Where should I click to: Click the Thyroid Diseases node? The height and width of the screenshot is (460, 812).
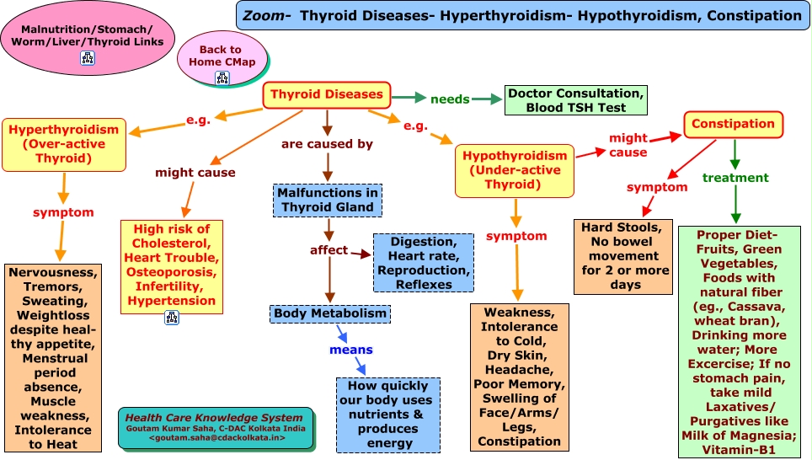[326, 95]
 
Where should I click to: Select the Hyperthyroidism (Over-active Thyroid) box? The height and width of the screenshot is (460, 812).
[64, 145]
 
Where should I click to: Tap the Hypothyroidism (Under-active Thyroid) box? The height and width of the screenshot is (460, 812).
[515, 170]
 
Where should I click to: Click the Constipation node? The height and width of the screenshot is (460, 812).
[734, 125]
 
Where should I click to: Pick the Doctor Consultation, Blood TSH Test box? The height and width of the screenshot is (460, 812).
[576, 100]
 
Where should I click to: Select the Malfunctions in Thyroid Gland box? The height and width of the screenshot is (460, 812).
[328, 200]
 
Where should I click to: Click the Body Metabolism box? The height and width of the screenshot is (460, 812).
[330, 313]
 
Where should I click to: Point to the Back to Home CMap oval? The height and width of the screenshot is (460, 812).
[222, 58]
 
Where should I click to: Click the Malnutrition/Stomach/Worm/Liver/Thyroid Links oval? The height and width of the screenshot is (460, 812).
[88, 39]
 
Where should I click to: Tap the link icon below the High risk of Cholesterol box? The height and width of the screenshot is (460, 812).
[171, 318]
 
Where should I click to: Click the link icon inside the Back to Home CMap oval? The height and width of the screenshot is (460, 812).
[222, 78]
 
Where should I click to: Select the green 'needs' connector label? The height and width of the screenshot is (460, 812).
[450, 99]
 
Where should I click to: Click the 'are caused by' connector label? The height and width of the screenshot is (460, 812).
[327, 144]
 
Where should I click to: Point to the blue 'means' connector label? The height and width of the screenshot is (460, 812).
[351, 350]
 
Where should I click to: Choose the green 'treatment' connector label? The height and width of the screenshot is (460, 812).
[735, 178]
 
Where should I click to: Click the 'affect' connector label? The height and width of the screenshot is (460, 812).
[329, 250]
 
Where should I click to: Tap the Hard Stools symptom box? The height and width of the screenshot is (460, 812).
[623, 256]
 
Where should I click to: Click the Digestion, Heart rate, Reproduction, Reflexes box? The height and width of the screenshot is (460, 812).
[424, 263]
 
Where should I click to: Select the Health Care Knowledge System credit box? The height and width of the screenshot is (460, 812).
[216, 428]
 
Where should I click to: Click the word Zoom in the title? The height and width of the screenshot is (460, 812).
[263, 16]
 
